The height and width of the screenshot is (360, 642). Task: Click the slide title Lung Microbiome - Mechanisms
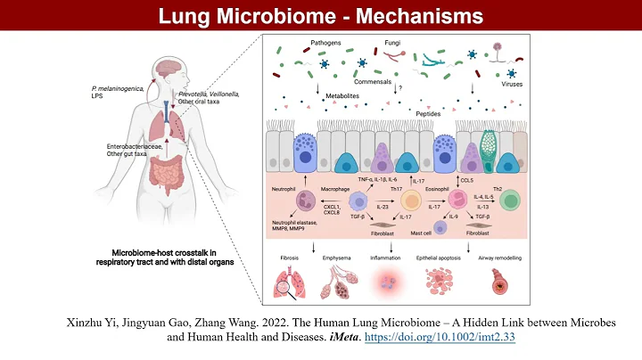pyautogui.click(x=320, y=16)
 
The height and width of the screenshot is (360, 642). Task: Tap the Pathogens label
pyautogui.click(x=325, y=43)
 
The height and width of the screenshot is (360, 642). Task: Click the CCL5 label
pyautogui.click(x=465, y=181)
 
